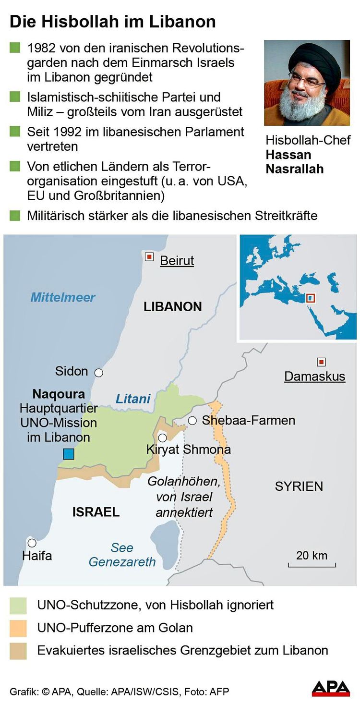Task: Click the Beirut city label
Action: click(177, 261)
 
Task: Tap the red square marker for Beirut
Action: click(149, 257)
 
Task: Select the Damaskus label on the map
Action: click(314, 376)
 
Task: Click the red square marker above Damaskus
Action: click(321, 362)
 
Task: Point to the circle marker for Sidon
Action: click(99, 372)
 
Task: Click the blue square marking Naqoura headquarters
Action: click(68, 454)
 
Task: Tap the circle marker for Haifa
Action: click(32, 543)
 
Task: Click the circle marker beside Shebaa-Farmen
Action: click(192, 421)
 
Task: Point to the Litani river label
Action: click(133, 399)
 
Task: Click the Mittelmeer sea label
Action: click(63, 297)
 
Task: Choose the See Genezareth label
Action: click(122, 555)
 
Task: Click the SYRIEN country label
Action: click(299, 486)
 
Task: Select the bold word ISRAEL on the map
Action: click(96, 512)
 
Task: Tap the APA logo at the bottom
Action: click(331, 688)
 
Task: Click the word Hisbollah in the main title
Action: click(84, 22)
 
